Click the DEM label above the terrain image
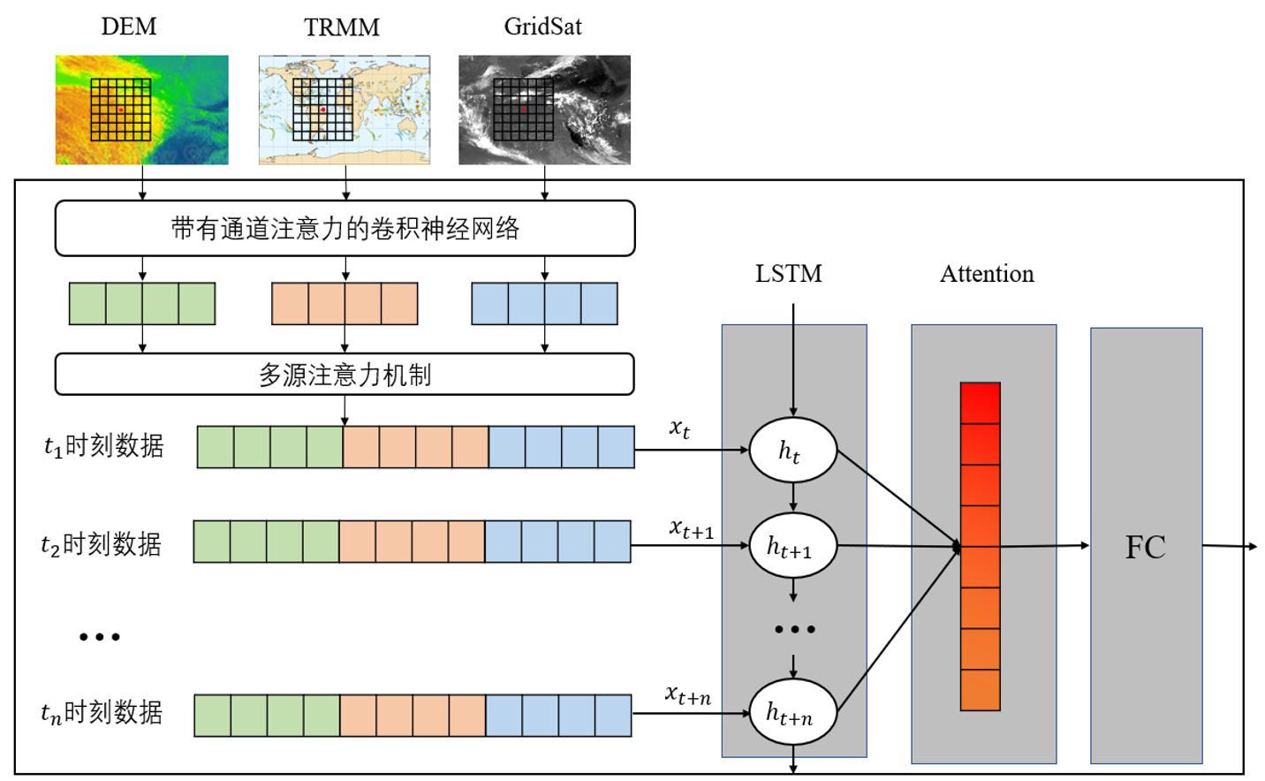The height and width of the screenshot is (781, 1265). pyautogui.click(x=129, y=27)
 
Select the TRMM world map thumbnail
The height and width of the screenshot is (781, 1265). pyautogui.click(x=345, y=110)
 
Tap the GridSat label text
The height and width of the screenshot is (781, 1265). pyautogui.click(x=542, y=27)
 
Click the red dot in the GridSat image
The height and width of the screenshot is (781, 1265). pyautogui.click(x=524, y=110)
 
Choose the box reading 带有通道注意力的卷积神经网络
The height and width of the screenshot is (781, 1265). pyautogui.click(x=345, y=229)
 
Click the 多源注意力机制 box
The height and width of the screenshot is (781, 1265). pyautogui.click(x=345, y=375)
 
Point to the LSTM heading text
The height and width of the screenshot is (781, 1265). pyautogui.click(x=788, y=274)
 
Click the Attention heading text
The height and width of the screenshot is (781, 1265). pyautogui.click(x=987, y=274)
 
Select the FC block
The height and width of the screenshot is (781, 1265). pyautogui.click(x=1146, y=546)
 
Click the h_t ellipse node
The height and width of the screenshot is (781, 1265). pyautogui.click(x=792, y=451)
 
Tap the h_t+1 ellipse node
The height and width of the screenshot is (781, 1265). pyautogui.click(x=792, y=546)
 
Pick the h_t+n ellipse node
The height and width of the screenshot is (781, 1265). pyautogui.click(x=792, y=712)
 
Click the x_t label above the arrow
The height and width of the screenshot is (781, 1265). pyautogui.click(x=679, y=428)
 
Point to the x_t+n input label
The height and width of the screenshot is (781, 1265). pyautogui.click(x=688, y=695)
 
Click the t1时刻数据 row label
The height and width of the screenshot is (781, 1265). pyautogui.click(x=104, y=446)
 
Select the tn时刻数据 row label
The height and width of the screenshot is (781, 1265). pyautogui.click(x=102, y=712)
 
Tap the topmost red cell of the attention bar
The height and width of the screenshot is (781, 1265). pyautogui.click(x=981, y=403)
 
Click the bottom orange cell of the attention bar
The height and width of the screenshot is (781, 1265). pyautogui.click(x=981, y=690)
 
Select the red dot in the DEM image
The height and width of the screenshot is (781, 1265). pyautogui.click(x=121, y=110)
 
